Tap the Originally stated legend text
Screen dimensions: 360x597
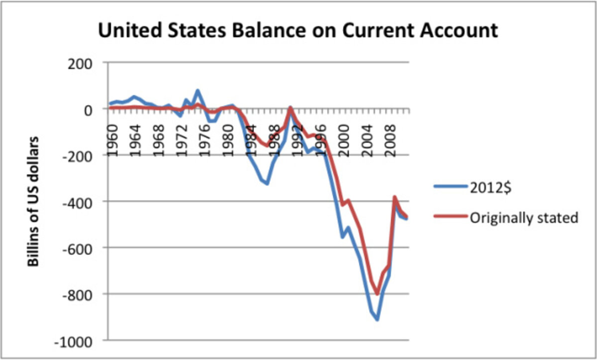[x=523, y=218]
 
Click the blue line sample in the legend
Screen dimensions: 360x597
[x=450, y=187]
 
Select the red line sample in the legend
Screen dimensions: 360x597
[x=450, y=218]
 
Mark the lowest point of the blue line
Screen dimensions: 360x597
[x=378, y=319]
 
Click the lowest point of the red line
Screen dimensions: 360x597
[x=378, y=294]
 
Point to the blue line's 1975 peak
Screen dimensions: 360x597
[x=198, y=90]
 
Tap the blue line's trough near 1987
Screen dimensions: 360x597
[x=268, y=183]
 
